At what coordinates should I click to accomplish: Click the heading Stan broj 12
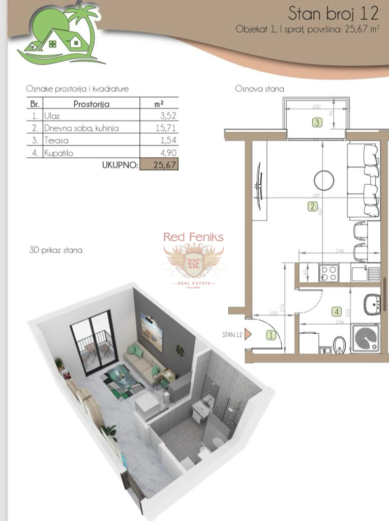point(334,12)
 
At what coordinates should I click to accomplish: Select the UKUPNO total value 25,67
point(159,165)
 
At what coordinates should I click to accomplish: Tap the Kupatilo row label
point(58,153)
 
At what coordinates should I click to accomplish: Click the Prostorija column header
point(92,104)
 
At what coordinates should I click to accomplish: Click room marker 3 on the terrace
point(317,122)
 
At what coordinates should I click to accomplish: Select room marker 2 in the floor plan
point(312,206)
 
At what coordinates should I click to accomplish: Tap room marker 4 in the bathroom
point(336,311)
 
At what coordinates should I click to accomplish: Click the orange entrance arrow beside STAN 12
point(248,334)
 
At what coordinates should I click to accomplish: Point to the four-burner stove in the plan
point(328,274)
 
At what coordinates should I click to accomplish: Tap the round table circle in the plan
point(323,180)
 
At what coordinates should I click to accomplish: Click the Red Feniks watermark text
point(193,237)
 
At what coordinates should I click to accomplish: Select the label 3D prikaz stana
point(56,250)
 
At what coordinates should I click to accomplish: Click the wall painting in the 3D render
point(151,332)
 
